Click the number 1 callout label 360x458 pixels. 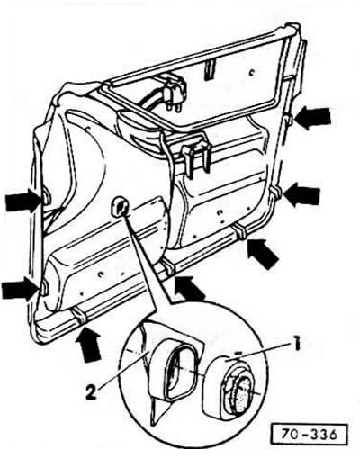point(296,345)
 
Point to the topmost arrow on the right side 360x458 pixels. point(312,118)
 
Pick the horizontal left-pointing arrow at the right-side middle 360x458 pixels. point(301,195)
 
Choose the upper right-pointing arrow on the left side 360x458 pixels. point(24,199)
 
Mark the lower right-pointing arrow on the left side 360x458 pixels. point(21,289)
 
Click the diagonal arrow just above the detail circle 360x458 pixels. point(190,289)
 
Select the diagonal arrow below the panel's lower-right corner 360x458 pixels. point(262,254)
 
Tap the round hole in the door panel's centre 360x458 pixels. point(120,207)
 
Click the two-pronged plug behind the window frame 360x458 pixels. point(175,96)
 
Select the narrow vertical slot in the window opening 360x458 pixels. point(209,71)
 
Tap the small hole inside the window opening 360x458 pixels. point(253,72)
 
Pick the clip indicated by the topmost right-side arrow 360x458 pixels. point(289,120)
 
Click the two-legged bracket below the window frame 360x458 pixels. point(195,156)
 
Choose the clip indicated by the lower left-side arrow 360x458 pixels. point(44,287)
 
